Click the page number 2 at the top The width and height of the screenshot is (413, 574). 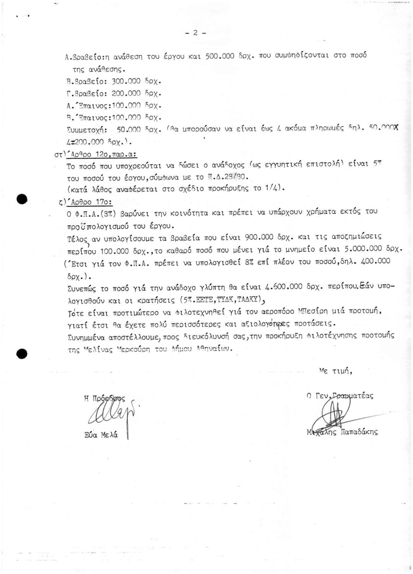click(195, 33)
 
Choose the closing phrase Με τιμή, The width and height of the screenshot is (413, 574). click(335, 371)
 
